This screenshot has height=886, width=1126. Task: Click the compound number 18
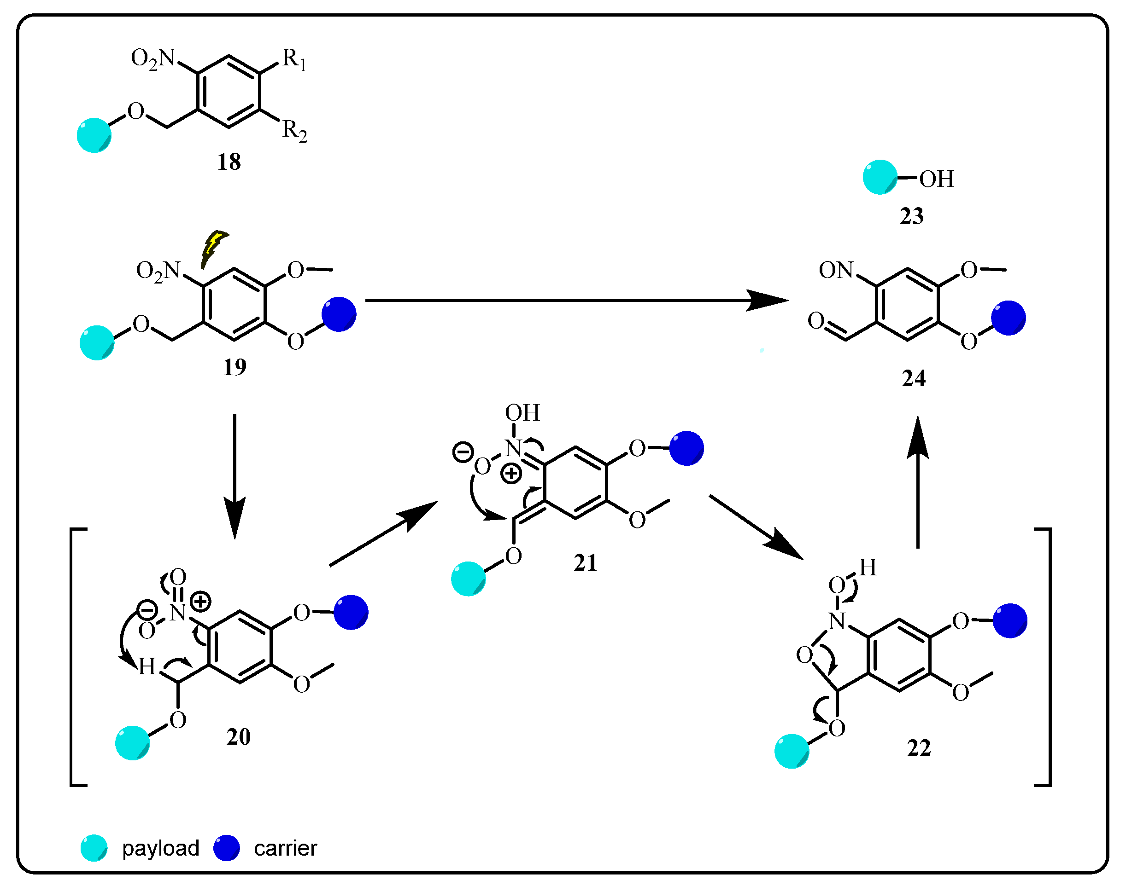tap(229, 162)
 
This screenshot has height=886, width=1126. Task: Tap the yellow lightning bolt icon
tap(213, 249)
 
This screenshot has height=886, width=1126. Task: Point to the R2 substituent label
tap(294, 131)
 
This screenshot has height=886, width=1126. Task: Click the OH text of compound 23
tap(937, 180)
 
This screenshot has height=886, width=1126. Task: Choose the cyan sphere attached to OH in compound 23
tap(880, 177)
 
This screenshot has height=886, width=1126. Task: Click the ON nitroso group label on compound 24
tap(836, 270)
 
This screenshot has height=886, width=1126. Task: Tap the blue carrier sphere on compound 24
tap(1008, 318)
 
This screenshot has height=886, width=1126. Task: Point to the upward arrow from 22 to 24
tap(917, 482)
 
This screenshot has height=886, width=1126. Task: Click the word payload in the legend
tap(160, 848)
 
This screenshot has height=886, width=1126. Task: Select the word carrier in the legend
tap(285, 848)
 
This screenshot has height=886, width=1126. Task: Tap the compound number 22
tap(919, 748)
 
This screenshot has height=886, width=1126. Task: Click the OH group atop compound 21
tap(522, 413)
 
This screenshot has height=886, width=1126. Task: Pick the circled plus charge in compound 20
tap(200, 602)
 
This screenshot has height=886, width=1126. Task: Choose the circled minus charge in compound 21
tap(463, 452)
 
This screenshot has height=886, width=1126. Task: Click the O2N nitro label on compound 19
tap(158, 271)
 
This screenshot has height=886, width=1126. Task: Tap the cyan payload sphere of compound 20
tap(132, 743)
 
